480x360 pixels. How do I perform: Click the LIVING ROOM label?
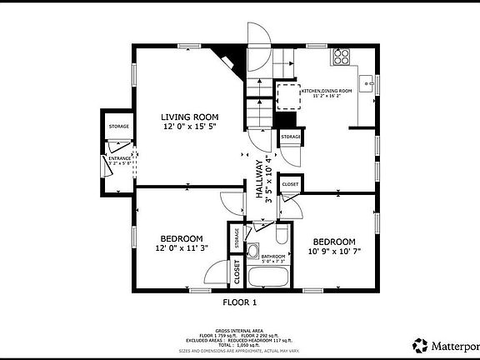coord(189,117)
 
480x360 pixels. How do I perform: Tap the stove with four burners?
coord(342,57)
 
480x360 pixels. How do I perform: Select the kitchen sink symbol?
coord(372,84)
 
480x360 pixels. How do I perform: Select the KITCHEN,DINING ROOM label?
coord(327,90)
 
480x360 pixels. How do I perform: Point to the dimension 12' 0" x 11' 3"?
coord(181,247)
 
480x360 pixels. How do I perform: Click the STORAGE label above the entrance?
coord(118,127)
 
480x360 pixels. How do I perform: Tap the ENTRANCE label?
coord(120,157)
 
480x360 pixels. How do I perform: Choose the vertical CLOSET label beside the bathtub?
coord(237,272)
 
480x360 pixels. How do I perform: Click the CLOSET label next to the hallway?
coord(290,184)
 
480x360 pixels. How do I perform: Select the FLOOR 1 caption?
coord(239,302)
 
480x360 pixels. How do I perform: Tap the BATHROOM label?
coord(273,256)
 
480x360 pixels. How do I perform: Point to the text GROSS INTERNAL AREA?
coord(239,331)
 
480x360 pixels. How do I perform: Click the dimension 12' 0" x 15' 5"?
coord(189,126)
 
